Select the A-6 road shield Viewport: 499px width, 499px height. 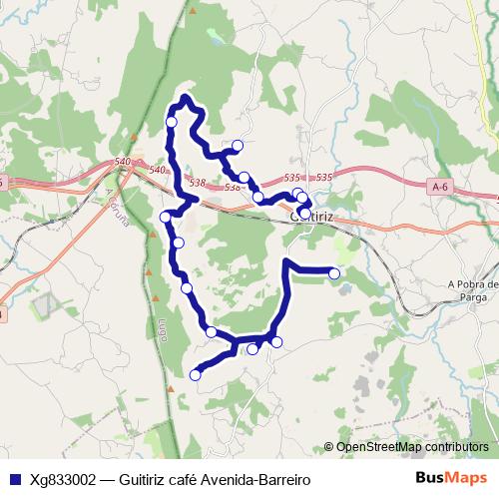[441, 187]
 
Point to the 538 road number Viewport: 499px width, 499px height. [196, 183]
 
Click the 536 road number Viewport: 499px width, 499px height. [232, 188]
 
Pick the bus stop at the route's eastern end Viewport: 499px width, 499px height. [334, 273]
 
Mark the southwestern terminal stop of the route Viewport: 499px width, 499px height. [195, 375]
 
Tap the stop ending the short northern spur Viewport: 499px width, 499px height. [238, 146]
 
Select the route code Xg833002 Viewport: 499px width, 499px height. [63, 479]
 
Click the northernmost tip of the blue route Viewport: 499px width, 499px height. [185, 97]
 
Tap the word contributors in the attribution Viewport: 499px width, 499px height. [457, 447]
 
